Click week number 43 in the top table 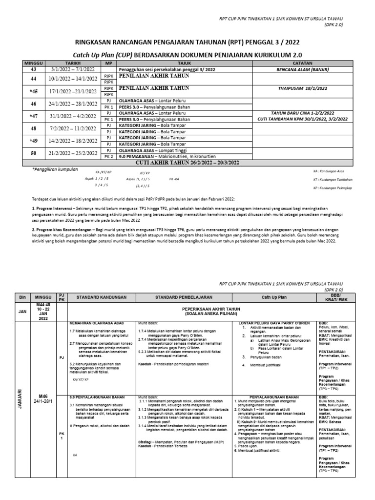pos(34,70)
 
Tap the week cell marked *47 pos(34,116)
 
